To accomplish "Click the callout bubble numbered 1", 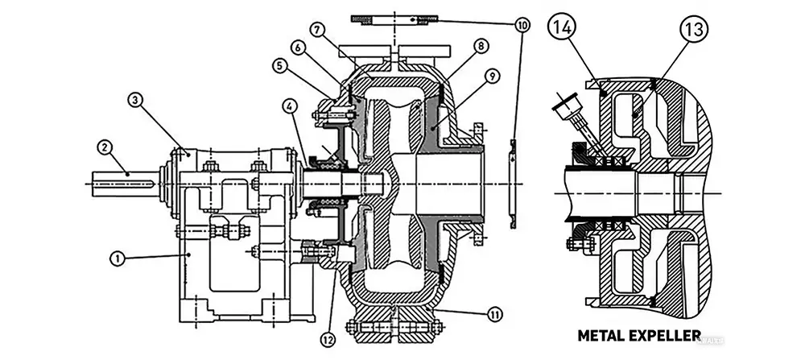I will (117, 258).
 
